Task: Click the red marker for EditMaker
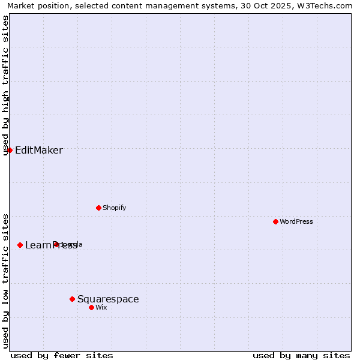point(10,150)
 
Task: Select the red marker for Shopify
point(98,208)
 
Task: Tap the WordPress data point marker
point(275,221)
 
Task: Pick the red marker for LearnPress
point(20,245)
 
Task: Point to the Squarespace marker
point(72,299)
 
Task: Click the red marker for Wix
point(91,307)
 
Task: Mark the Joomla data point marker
point(56,244)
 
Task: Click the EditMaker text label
point(38,150)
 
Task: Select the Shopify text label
point(114,208)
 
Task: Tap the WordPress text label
point(296,221)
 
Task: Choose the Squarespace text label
point(108,299)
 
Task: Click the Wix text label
point(101,307)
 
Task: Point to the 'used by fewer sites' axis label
point(62,355)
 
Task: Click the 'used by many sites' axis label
point(301,355)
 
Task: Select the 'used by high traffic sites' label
point(6,85)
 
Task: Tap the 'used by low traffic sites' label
point(6,281)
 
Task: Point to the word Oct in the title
point(260,5)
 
